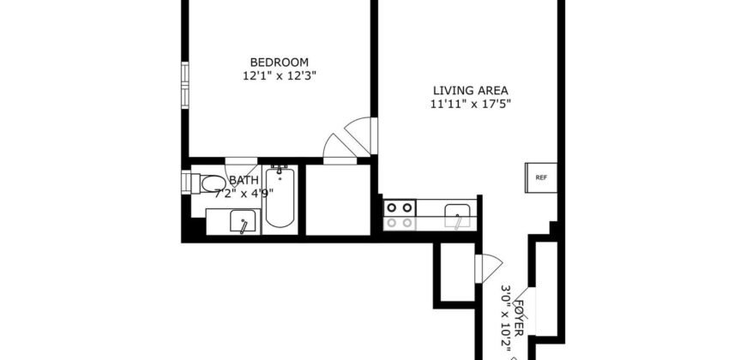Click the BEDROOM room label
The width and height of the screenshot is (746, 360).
coord(279,62)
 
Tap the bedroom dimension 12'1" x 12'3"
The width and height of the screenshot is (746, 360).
coord(279,75)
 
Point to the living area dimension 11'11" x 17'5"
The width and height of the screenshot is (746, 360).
coord(471,105)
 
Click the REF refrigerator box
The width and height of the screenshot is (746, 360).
coord(541,178)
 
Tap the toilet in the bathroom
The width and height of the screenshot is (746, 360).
coord(204,183)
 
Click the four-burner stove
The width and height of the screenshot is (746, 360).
coord(399,214)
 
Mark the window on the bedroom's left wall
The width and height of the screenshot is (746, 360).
coord(183,83)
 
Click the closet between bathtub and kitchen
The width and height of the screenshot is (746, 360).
coord(338,200)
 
